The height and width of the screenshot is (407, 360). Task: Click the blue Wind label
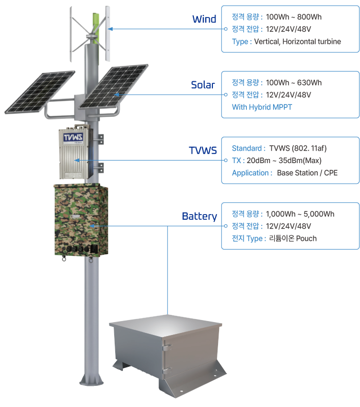(204, 19)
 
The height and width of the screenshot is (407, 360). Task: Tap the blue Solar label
(203, 85)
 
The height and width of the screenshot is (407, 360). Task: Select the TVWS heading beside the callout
(203, 151)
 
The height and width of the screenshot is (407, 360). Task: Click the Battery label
(199, 216)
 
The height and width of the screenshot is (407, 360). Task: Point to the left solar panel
(40, 91)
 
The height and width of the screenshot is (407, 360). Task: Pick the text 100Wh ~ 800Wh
(294, 17)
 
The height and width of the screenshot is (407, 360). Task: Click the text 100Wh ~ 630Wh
(294, 83)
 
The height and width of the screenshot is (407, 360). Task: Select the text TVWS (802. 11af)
(298, 148)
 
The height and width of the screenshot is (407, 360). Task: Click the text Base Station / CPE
(307, 173)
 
